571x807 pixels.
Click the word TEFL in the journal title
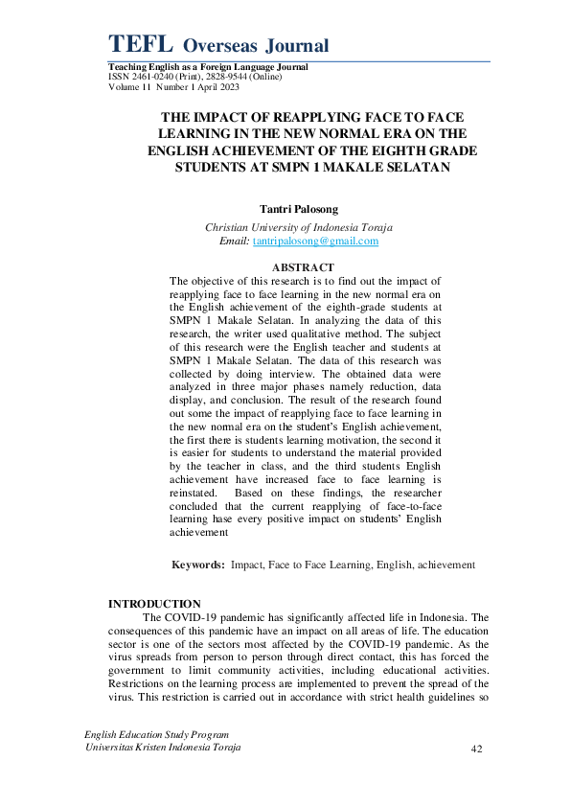[x=140, y=43]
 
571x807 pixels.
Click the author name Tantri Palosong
[x=299, y=207]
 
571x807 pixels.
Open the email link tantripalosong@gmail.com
[x=315, y=242]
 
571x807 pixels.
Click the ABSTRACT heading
[x=303, y=266]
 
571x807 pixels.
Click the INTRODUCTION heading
[x=154, y=603]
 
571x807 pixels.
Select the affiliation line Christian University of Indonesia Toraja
[x=299, y=227]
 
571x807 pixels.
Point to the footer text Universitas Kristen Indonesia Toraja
[x=163, y=747]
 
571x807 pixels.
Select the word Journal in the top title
[x=293, y=45]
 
